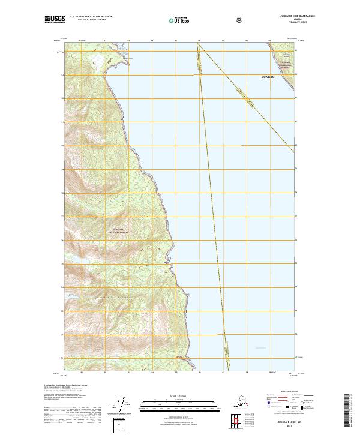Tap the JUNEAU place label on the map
[x=271, y=78]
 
